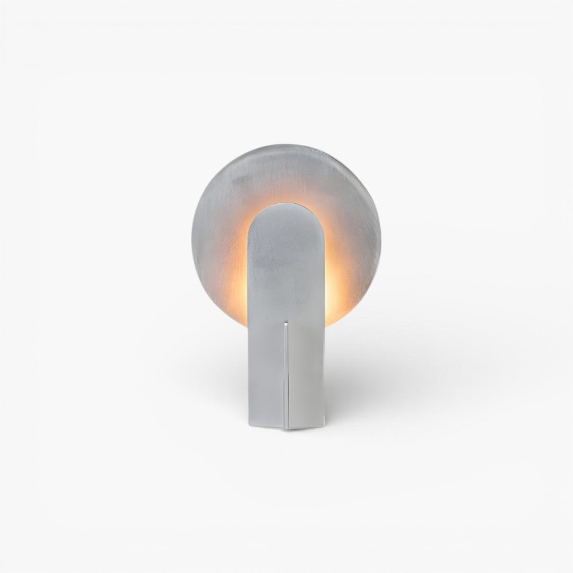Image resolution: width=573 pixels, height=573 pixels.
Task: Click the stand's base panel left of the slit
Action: [265, 371]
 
